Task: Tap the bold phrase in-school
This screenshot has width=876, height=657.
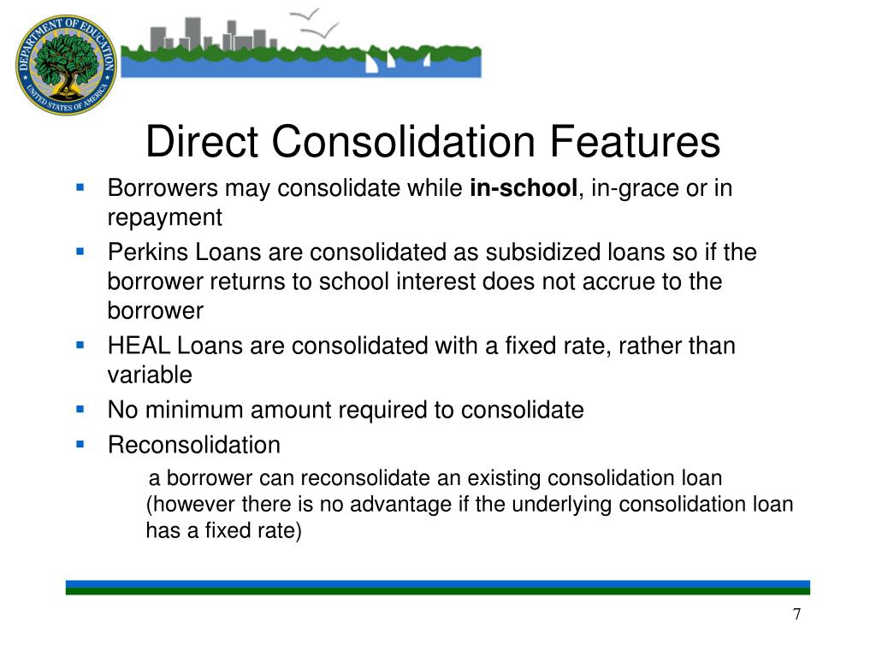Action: pyautogui.click(x=524, y=189)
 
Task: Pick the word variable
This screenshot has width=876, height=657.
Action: pyautogui.click(x=150, y=376)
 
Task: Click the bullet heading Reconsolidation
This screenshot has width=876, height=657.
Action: pyautogui.click(x=194, y=446)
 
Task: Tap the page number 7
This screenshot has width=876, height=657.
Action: pyautogui.click(x=796, y=614)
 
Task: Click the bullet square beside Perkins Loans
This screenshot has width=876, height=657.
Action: pyautogui.click(x=80, y=252)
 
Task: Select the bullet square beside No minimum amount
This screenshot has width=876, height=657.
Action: pyautogui.click(x=80, y=409)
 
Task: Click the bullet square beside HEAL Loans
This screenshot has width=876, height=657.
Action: pyautogui.click(x=80, y=345)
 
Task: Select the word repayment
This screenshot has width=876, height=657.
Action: pyautogui.click(x=164, y=218)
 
